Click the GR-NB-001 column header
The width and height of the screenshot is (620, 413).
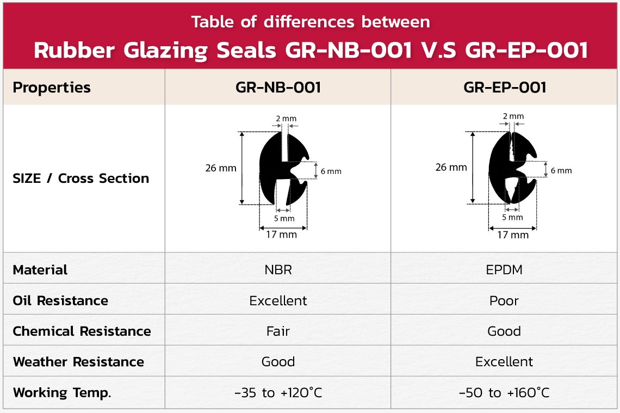click(278, 88)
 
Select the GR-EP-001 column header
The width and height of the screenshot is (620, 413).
click(505, 88)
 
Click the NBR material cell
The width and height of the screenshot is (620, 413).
click(278, 270)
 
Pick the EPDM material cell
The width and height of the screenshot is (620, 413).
click(504, 270)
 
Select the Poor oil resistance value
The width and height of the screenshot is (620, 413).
click(504, 301)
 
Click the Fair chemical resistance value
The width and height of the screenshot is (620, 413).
click(278, 331)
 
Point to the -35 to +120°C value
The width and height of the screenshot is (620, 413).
click(278, 392)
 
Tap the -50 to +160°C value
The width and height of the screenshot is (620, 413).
click(504, 392)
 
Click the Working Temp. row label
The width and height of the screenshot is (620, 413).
click(62, 393)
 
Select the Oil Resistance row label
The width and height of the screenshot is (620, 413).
click(60, 301)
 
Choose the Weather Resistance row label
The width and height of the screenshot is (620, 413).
click(78, 362)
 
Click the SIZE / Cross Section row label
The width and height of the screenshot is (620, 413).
click(81, 178)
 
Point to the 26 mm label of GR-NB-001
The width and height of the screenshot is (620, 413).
click(221, 168)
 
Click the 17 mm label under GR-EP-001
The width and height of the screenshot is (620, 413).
click(513, 235)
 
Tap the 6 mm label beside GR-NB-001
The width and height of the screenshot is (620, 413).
click(331, 171)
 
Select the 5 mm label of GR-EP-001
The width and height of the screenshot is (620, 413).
click(512, 217)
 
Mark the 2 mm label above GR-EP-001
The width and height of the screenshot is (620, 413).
click(513, 116)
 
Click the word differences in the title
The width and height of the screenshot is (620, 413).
click(309, 22)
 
